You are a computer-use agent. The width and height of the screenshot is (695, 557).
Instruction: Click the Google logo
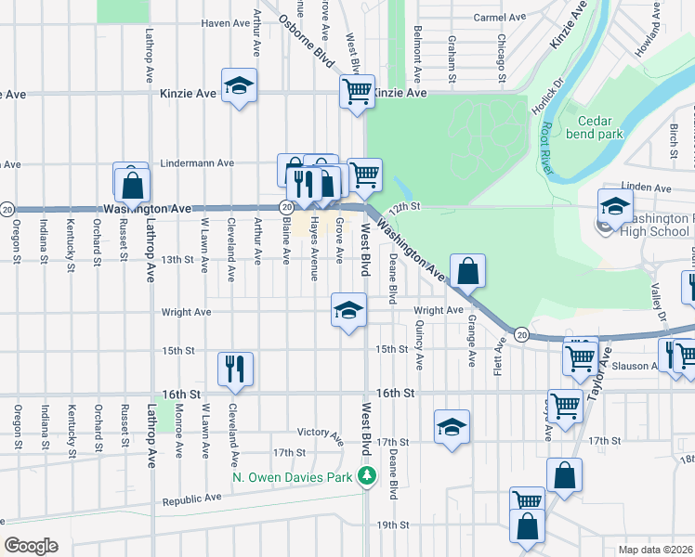coord(31,546)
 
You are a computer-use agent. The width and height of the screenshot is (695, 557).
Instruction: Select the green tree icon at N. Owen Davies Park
coord(368,477)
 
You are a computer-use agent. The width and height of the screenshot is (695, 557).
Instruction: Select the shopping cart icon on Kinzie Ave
coord(357,91)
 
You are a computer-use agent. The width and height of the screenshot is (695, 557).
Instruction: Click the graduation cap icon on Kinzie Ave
coord(239,85)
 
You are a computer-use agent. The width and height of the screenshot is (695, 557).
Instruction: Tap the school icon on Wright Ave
coord(348,309)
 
